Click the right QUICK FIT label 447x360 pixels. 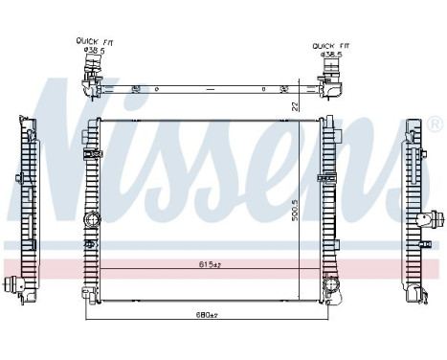330,45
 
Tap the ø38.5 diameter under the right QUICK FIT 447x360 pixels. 331,55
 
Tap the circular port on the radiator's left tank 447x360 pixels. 93,219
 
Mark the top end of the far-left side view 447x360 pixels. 25,121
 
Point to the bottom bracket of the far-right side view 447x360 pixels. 414,297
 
